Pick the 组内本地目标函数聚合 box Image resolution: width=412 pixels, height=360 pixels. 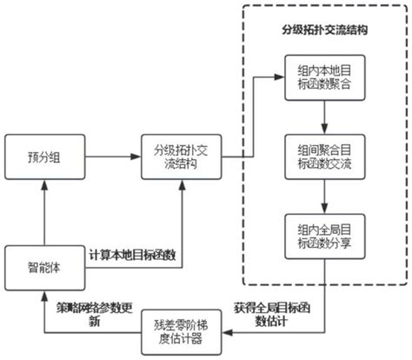click(x=322, y=78)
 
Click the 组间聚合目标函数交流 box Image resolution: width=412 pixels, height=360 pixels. click(x=322, y=157)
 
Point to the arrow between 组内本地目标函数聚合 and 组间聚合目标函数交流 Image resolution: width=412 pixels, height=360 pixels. click(x=322, y=118)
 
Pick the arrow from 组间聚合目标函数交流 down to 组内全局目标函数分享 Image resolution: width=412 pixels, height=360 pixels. click(x=322, y=197)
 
